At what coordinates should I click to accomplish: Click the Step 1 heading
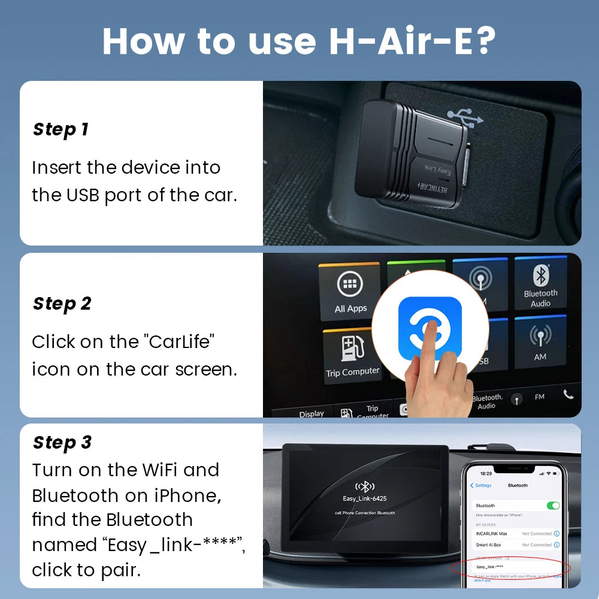click(x=60, y=129)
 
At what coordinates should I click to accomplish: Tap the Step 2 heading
click(x=62, y=304)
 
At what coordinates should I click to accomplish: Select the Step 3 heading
click(x=62, y=443)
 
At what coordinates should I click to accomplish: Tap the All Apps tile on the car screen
click(x=350, y=292)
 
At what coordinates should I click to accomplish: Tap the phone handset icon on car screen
click(x=568, y=394)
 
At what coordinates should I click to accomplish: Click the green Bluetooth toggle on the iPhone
click(x=553, y=506)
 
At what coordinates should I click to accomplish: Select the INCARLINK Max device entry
click(x=491, y=533)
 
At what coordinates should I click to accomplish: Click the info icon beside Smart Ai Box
click(x=556, y=545)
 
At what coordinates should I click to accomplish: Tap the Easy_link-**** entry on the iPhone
click(x=489, y=567)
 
